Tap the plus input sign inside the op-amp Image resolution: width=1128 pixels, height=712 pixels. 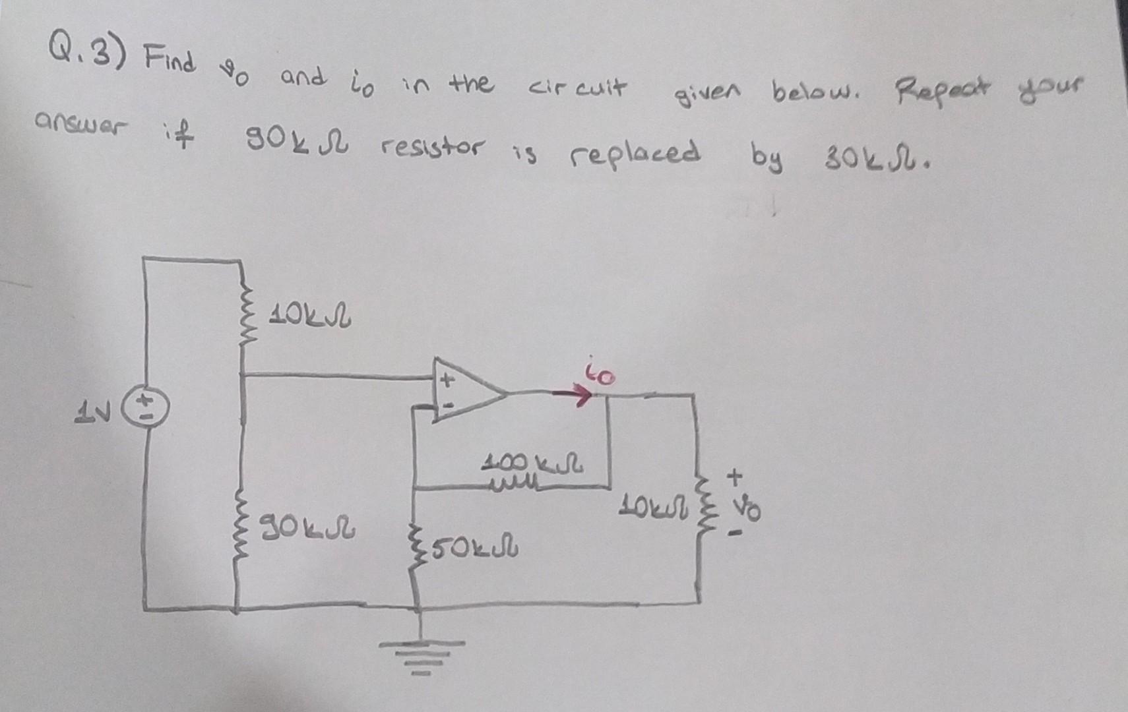coord(447,380)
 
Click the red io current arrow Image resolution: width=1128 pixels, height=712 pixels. coord(572,396)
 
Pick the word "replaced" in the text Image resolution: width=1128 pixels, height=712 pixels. coord(635,154)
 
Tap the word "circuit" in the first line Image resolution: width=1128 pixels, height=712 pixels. coord(579,88)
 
